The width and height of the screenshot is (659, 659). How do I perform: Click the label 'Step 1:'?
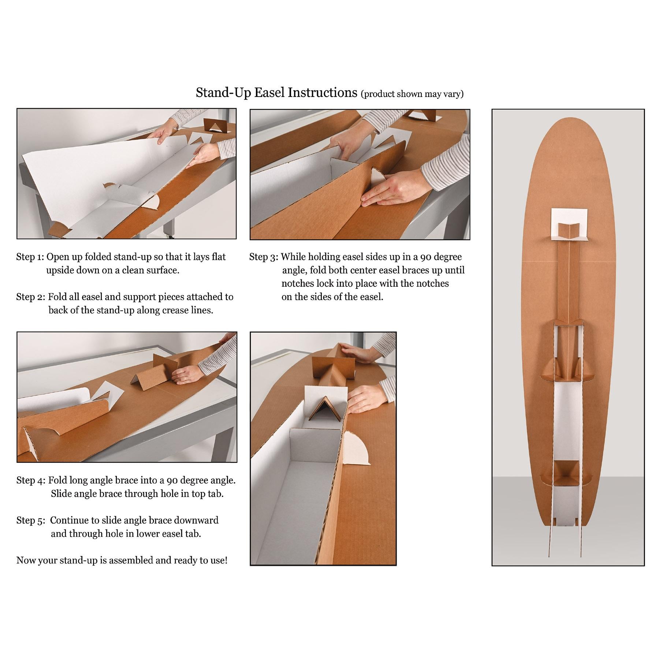pyautogui.click(x=30, y=257)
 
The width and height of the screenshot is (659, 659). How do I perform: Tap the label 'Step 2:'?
pyautogui.click(x=30, y=297)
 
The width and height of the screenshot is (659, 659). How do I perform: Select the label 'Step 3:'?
pyautogui.click(x=264, y=257)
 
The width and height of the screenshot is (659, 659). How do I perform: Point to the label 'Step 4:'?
pyautogui.click(x=31, y=480)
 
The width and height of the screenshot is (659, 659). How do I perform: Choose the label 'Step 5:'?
pyautogui.click(x=31, y=520)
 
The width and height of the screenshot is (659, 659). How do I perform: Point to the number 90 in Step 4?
pyautogui.click(x=172, y=480)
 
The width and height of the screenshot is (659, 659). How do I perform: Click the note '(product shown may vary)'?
pyautogui.click(x=412, y=94)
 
